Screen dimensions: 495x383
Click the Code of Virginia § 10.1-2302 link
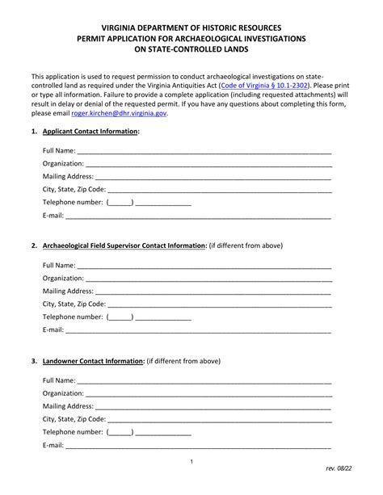(263, 84)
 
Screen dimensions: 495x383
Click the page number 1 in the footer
(191, 461)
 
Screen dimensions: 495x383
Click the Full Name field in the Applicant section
(204, 151)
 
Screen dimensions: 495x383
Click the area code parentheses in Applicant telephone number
(120, 203)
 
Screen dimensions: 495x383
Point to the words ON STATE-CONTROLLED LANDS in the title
(191, 49)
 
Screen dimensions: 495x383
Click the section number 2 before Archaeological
(34, 245)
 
